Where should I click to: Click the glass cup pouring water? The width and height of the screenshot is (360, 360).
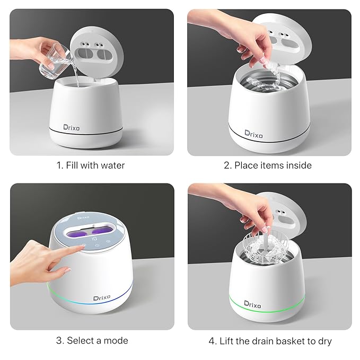[x=55, y=61]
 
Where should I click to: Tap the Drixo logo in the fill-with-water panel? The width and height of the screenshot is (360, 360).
[x=72, y=128]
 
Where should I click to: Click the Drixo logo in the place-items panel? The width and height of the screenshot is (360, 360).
[x=253, y=134]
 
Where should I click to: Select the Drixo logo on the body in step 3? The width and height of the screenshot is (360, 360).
[x=101, y=298]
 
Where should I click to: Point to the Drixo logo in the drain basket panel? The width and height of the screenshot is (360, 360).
[x=252, y=304]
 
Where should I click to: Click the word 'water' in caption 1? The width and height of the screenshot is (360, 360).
[x=112, y=165]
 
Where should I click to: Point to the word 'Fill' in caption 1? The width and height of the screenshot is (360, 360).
[x=72, y=165]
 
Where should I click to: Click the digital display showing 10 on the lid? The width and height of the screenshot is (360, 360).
[x=94, y=239]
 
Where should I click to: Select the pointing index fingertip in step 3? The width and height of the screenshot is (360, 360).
[x=82, y=247]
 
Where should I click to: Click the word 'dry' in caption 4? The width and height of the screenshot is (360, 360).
[x=325, y=341]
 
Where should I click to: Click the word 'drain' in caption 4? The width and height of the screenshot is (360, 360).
[x=263, y=341]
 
